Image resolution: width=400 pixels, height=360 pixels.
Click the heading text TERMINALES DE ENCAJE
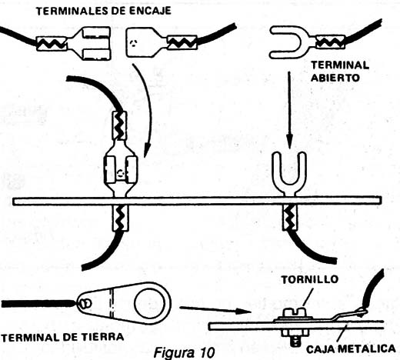click(x=104, y=11)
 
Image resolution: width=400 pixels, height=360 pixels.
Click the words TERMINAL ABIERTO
click(x=340, y=72)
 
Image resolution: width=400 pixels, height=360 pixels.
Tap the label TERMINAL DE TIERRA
click(x=62, y=337)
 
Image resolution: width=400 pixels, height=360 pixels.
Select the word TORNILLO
click(x=310, y=279)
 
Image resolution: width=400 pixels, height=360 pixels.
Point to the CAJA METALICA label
click(x=351, y=348)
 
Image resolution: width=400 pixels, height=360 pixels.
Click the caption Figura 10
click(x=184, y=352)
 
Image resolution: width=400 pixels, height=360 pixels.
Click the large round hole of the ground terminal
click(x=149, y=304)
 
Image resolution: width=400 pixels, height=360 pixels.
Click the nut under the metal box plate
click(x=295, y=333)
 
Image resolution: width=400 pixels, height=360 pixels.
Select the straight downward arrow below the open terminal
click(x=289, y=110)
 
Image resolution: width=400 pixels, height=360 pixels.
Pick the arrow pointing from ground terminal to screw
click(x=215, y=309)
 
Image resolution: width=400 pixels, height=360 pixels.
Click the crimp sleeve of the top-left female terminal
click(x=52, y=44)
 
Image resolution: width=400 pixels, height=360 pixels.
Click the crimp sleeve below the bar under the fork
click(x=290, y=218)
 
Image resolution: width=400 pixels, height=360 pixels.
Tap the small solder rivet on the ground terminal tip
click(x=85, y=304)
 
